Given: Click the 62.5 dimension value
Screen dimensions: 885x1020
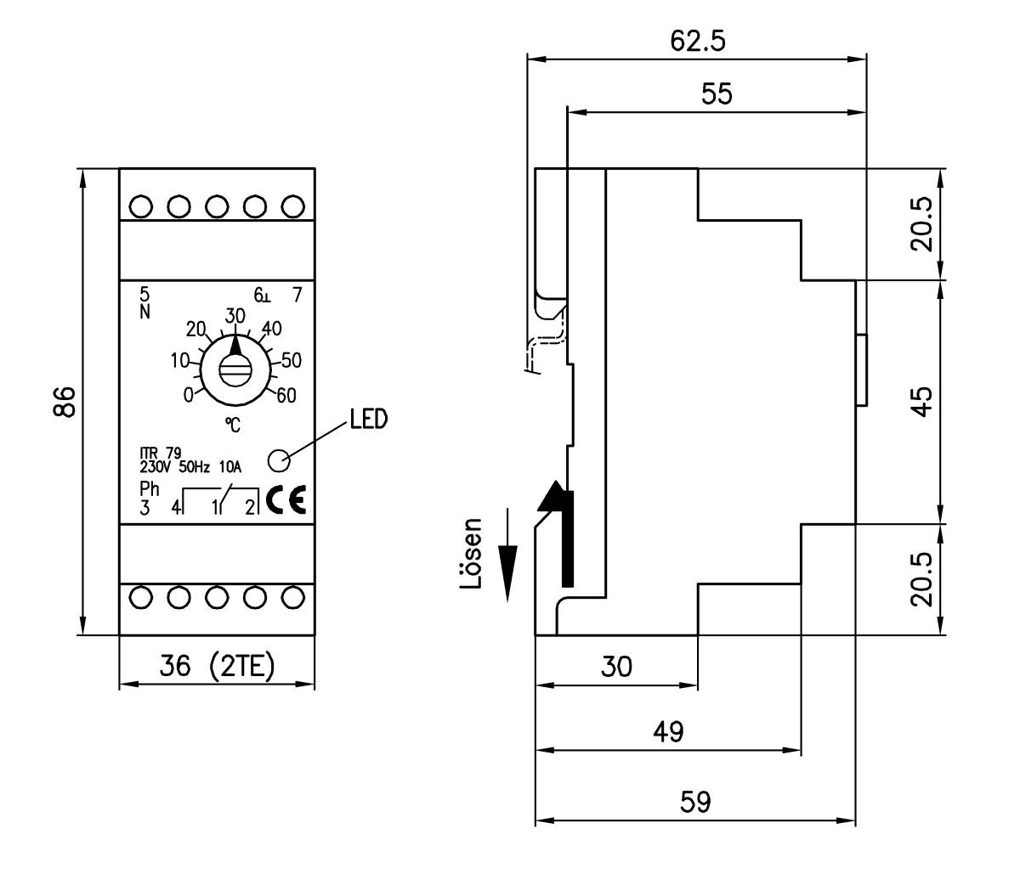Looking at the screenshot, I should pos(698,42).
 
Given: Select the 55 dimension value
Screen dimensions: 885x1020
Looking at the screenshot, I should pos(717,93).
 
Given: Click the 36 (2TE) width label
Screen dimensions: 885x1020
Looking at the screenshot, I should pos(218,667).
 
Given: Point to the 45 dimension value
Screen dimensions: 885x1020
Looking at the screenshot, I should pos(921,400).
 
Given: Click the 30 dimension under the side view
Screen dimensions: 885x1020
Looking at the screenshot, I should pos(616,667).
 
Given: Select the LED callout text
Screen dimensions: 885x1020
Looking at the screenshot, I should pos(368,419).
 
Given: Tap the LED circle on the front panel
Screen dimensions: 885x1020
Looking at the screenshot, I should pos(278,459).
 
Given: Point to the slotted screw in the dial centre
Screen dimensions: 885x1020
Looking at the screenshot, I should pos(235,370).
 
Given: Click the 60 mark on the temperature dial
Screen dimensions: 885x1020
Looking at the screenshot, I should pos(286,395).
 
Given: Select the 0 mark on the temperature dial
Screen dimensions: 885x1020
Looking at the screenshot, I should pos(188,395).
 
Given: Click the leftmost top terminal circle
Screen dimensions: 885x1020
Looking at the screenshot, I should pos(143,206).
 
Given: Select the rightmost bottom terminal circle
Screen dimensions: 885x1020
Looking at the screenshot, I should pos(292,597).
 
